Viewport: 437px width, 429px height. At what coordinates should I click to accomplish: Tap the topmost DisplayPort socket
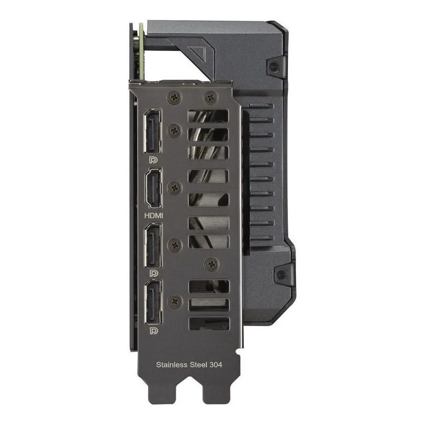(x=153, y=132)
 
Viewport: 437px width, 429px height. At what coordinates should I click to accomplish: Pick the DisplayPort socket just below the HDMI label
(x=153, y=246)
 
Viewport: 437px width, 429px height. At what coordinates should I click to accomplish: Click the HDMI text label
(x=154, y=215)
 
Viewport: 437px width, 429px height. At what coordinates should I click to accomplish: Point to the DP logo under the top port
(x=153, y=158)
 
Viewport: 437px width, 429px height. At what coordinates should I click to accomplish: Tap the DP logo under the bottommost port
(x=153, y=331)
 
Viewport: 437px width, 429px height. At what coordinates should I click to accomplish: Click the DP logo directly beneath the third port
(x=153, y=273)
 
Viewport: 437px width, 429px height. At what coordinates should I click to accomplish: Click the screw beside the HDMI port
(x=174, y=188)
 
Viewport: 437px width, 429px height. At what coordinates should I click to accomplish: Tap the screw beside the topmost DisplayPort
(x=174, y=131)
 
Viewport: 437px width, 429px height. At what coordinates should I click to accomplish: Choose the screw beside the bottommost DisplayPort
(x=174, y=301)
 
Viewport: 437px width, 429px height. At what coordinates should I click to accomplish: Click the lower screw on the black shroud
(x=281, y=275)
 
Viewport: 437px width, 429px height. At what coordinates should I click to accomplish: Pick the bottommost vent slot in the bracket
(x=208, y=324)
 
